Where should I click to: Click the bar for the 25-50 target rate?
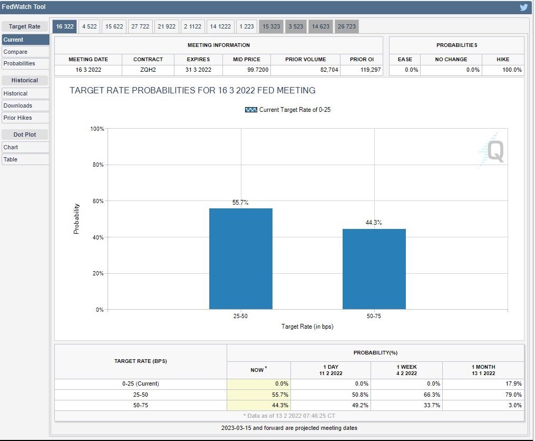click(x=240, y=258)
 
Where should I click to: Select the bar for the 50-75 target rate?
click(x=374, y=269)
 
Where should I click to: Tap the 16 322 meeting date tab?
click(x=65, y=26)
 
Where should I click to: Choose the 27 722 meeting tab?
click(x=140, y=26)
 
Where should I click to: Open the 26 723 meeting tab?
click(x=347, y=26)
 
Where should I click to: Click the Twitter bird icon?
click(x=524, y=7)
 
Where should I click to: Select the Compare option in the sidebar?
click(x=15, y=52)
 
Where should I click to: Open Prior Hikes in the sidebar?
click(x=18, y=118)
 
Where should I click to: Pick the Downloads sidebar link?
click(x=18, y=106)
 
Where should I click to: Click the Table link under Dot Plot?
click(x=10, y=159)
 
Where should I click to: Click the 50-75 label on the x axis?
click(x=374, y=316)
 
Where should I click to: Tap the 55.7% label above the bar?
click(x=240, y=202)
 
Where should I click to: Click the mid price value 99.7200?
click(x=258, y=70)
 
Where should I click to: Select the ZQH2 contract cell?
click(x=148, y=70)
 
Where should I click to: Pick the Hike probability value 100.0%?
click(x=512, y=70)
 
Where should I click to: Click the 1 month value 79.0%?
click(x=513, y=395)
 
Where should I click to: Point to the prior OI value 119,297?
click(x=371, y=70)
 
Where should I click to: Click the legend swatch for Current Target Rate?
click(x=251, y=110)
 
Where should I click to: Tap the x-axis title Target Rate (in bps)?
click(x=307, y=327)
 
